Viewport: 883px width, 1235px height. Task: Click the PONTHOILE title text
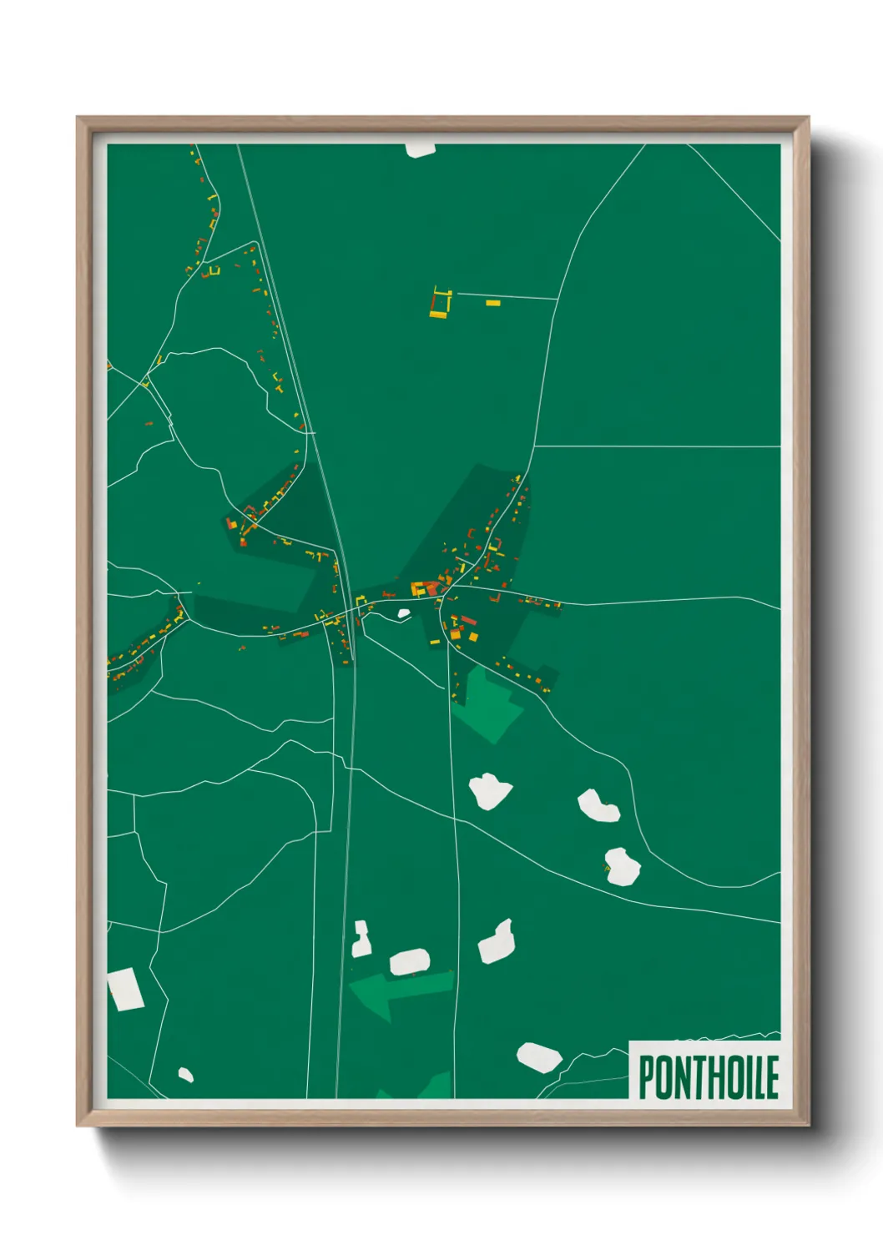click(x=709, y=1076)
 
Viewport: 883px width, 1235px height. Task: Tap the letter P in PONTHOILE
click(x=648, y=1076)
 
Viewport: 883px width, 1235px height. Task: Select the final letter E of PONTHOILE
click(x=772, y=1076)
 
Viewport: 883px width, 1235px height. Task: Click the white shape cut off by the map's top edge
click(x=420, y=149)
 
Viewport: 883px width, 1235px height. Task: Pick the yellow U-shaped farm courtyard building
click(x=440, y=305)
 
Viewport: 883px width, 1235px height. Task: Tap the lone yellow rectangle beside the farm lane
click(x=492, y=303)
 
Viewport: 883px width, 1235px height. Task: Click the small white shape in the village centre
click(x=404, y=614)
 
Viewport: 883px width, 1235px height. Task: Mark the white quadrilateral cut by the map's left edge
click(x=124, y=990)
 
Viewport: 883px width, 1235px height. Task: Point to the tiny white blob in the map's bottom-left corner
click(x=185, y=1075)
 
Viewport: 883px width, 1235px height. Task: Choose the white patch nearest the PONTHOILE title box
click(x=538, y=1056)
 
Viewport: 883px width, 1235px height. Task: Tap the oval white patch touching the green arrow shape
click(x=410, y=961)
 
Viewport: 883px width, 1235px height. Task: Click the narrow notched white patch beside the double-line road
click(x=361, y=940)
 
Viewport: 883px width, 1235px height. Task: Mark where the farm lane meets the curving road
click(x=557, y=299)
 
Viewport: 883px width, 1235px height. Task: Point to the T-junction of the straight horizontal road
click(x=534, y=446)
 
